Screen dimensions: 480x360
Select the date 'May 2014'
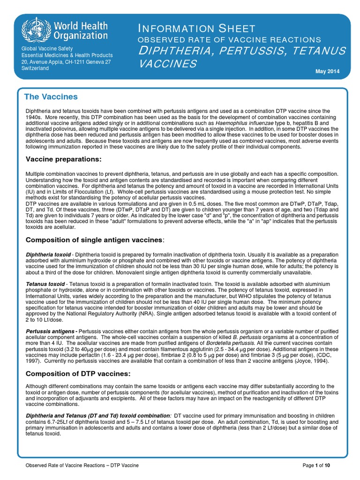click(x=327, y=71)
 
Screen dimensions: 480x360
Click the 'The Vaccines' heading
click(x=51, y=97)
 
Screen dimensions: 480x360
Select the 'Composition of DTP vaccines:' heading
click(x=77, y=374)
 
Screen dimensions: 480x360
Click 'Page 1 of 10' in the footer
click(x=317, y=465)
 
